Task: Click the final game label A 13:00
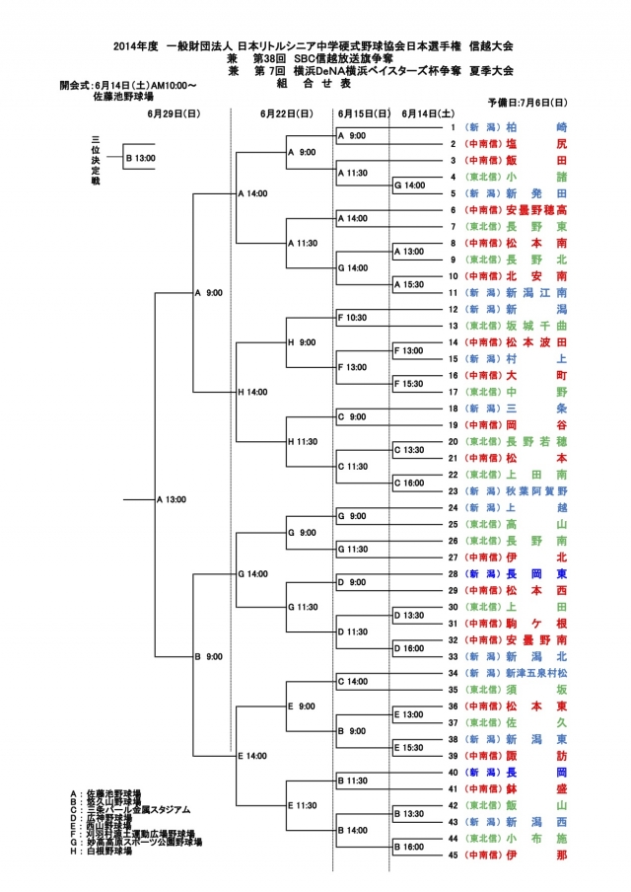[x=173, y=499]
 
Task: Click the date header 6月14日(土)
[x=428, y=113]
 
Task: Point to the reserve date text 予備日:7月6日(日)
[x=526, y=102]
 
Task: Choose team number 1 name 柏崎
[x=536, y=127]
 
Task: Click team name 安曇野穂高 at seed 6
[x=536, y=210]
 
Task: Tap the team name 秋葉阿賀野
[x=536, y=489]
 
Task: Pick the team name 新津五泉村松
[x=536, y=673]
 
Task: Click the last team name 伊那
[x=536, y=854]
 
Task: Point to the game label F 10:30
[x=352, y=318]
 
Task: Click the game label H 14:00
[x=252, y=392]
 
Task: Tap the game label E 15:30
[x=409, y=747]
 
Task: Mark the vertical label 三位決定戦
[x=96, y=158]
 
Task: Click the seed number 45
[x=453, y=854]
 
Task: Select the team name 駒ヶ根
[x=536, y=624]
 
